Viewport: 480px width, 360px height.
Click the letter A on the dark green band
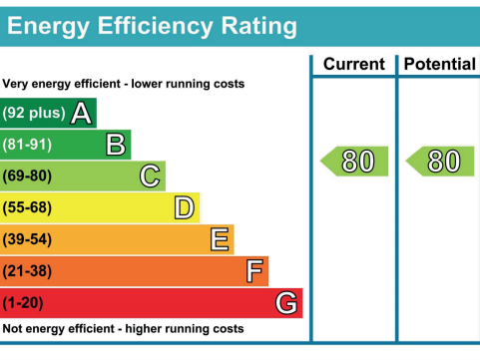(x=82, y=114)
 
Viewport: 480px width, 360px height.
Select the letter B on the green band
(x=116, y=146)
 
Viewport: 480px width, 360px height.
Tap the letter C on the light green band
(x=150, y=177)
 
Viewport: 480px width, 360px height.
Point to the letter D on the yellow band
(x=184, y=207)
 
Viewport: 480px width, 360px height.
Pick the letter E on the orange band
(x=220, y=239)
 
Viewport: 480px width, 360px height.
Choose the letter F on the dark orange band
(x=254, y=270)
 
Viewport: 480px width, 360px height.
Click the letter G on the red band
(x=286, y=302)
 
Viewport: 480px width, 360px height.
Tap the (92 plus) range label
(x=34, y=114)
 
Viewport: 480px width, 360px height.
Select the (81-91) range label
(x=28, y=146)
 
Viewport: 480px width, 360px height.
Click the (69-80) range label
(x=28, y=177)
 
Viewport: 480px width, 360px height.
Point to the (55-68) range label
(x=28, y=207)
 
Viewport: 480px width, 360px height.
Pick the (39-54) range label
(x=28, y=239)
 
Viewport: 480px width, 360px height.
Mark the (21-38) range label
(x=28, y=270)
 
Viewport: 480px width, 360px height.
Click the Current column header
(x=353, y=64)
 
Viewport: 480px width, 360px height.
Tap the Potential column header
(x=439, y=64)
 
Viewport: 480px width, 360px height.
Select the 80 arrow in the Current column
(x=354, y=161)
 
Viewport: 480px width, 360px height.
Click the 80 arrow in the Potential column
(x=440, y=161)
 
